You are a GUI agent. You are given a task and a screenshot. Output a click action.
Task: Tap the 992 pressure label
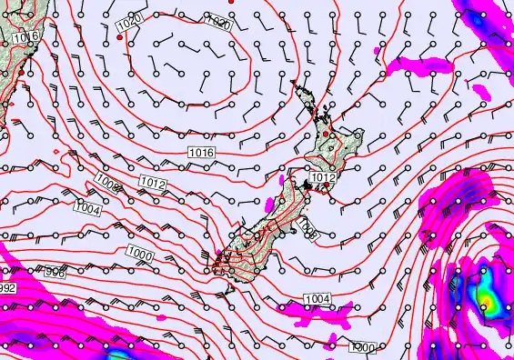(x=7, y=288)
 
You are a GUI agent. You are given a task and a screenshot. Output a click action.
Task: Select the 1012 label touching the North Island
(x=324, y=177)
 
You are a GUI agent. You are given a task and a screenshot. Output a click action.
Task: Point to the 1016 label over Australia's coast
(x=27, y=36)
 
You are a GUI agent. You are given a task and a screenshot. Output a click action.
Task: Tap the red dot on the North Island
(x=327, y=134)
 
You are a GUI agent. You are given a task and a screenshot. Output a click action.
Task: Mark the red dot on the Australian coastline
(x=11, y=95)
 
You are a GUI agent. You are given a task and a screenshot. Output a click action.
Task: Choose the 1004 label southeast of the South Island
(x=317, y=299)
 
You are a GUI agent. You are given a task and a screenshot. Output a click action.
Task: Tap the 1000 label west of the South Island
(x=140, y=252)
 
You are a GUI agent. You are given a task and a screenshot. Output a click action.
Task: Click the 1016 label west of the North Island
(x=201, y=152)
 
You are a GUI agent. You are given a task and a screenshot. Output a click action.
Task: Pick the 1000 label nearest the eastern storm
(x=362, y=346)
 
